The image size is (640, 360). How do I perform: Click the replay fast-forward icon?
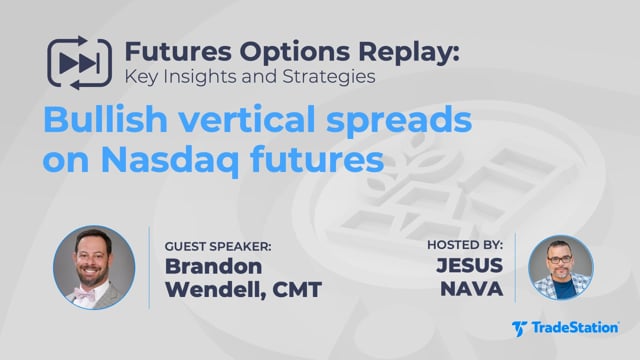point(79,63)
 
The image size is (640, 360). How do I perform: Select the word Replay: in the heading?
point(409,53)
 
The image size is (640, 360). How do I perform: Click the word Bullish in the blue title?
point(105,119)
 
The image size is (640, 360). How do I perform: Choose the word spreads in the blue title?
point(399,121)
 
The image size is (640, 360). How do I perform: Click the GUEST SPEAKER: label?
point(218,247)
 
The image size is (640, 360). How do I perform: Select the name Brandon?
point(213,266)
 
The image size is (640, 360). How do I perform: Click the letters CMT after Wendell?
point(297,290)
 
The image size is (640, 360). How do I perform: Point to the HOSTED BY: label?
point(465,245)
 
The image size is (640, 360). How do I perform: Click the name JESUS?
point(469,265)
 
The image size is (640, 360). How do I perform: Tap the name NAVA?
point(472,289)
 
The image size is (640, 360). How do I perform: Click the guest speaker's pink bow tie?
point(85,293)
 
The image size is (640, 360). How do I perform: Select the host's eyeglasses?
point(560,259)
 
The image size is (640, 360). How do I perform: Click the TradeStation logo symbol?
point(519,329)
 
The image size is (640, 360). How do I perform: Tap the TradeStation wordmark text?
point(575,328)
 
